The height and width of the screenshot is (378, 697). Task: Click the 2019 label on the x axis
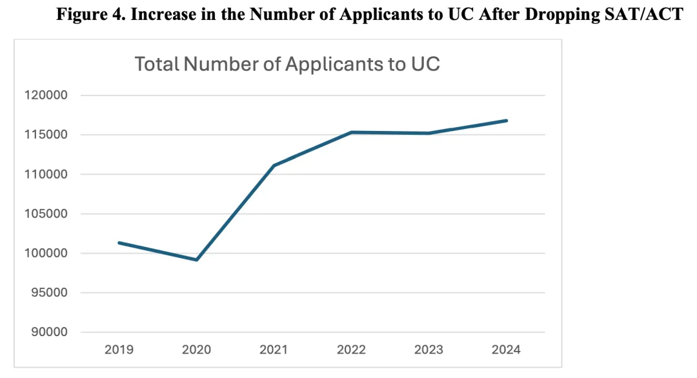[x=119, y=350]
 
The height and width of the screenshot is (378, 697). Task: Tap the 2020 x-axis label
[x=196, y=350]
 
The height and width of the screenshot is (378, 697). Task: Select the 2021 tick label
[x=274, y=350]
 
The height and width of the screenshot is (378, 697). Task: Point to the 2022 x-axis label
[x=351, y=350]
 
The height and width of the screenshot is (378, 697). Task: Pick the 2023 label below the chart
[x=429, y=350]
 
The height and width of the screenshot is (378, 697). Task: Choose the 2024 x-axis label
[x=506, y=350]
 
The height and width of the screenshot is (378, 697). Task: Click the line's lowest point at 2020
[x=196, y=260]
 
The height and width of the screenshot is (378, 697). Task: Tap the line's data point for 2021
[x=274, y=166]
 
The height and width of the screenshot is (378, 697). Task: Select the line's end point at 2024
[x=507, y=121]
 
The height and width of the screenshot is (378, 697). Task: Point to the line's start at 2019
[x=119, y=243]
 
